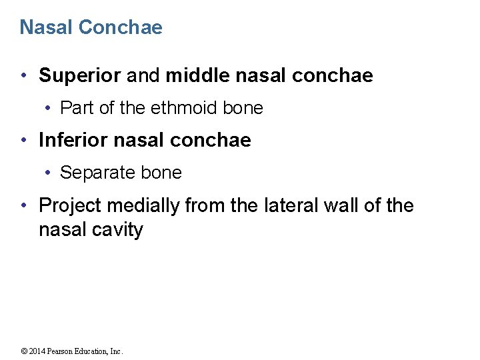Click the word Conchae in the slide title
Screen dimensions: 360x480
120,27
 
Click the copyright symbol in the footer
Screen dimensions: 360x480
25,351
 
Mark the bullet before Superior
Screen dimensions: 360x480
25,76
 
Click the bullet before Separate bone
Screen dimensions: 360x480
49,173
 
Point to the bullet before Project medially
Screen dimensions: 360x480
25,206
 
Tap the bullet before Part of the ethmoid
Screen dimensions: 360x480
49,108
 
